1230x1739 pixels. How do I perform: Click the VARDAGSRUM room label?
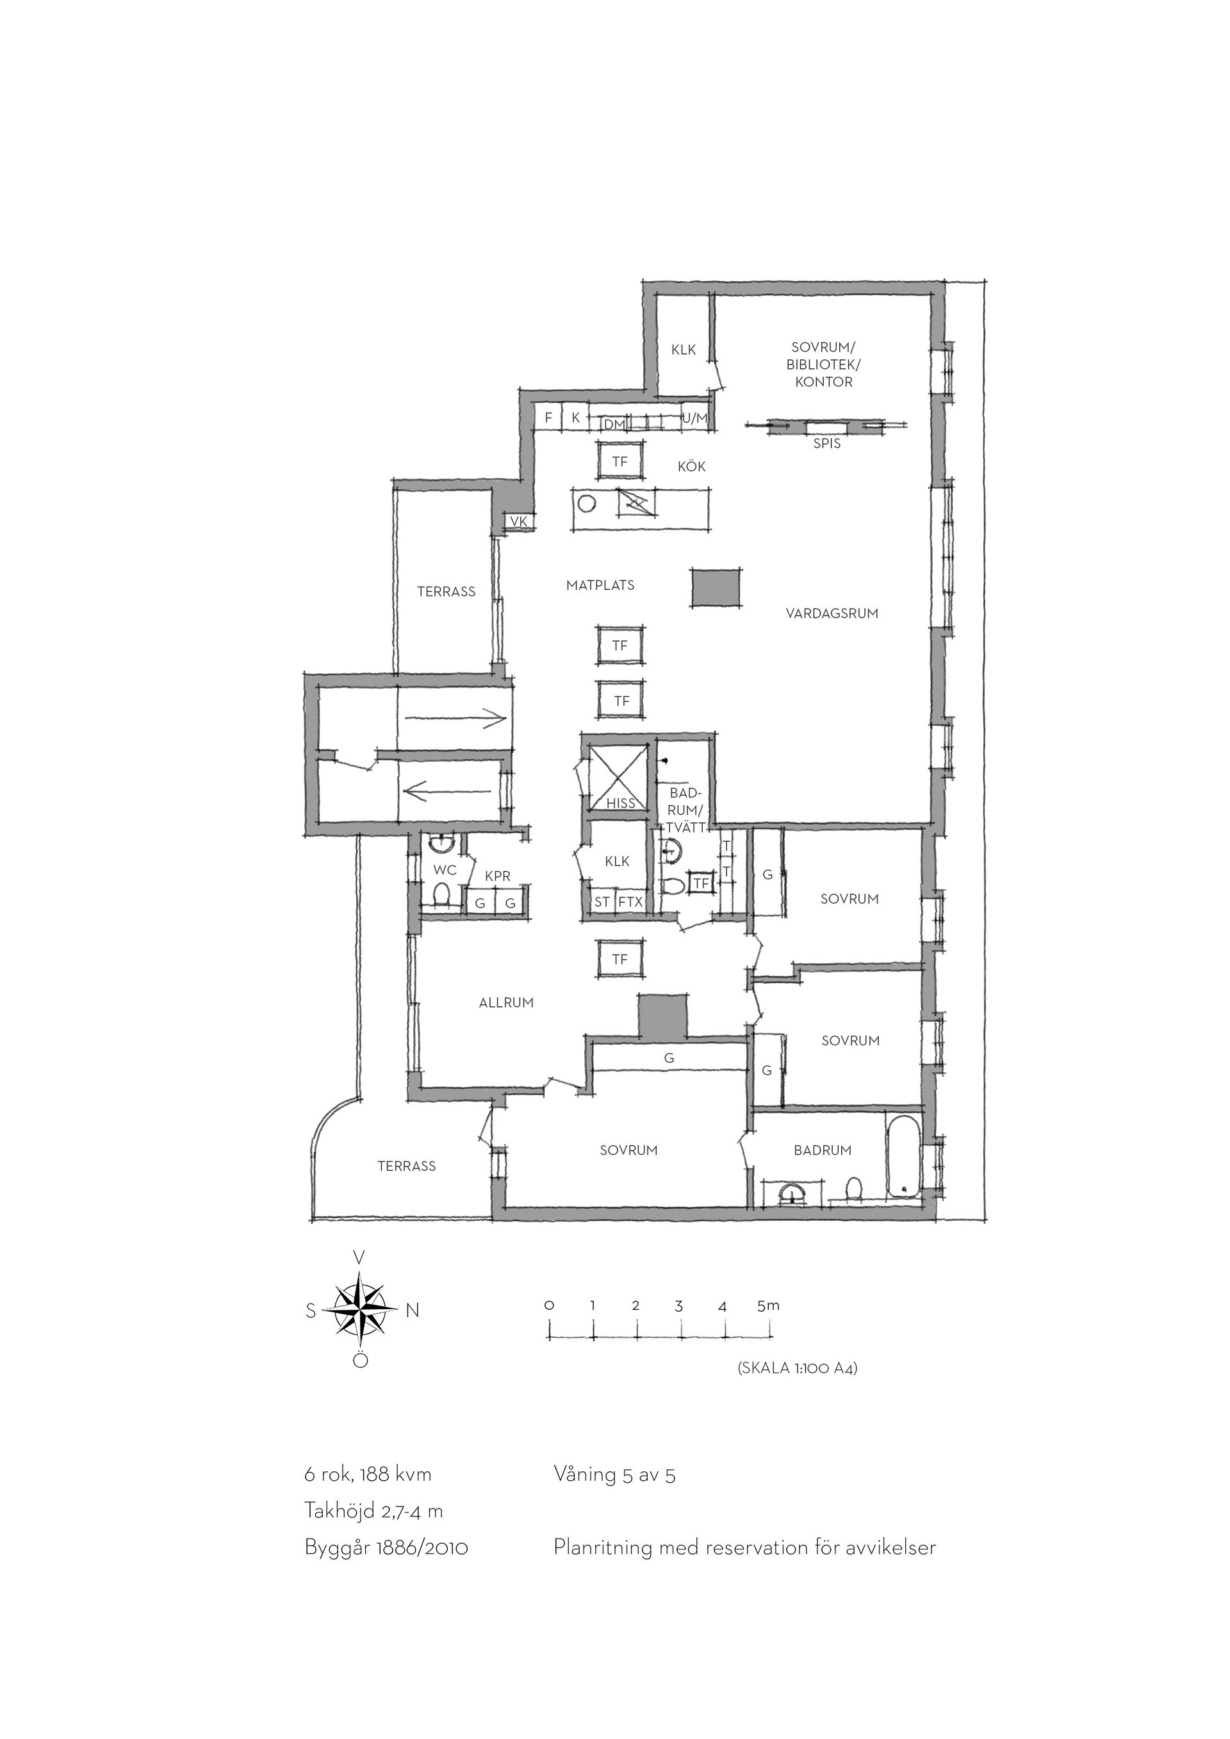(832, 614)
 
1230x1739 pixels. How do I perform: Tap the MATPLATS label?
(600, 585)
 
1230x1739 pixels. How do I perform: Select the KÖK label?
(691, 466)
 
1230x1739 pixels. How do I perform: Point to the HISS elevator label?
(621, 803)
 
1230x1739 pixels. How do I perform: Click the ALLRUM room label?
(506, 1003)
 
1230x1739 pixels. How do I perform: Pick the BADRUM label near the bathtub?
(823, 1150)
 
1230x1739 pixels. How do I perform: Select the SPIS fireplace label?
(827, 444)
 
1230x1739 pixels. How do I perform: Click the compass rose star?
(361, 1310)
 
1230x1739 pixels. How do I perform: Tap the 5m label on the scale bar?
(768, 1306)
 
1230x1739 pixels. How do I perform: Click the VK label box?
(519, 521)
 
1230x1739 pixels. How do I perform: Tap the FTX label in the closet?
(630, 902)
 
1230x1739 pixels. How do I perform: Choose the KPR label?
(498, 876)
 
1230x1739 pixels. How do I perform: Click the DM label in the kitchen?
(614, 425)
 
